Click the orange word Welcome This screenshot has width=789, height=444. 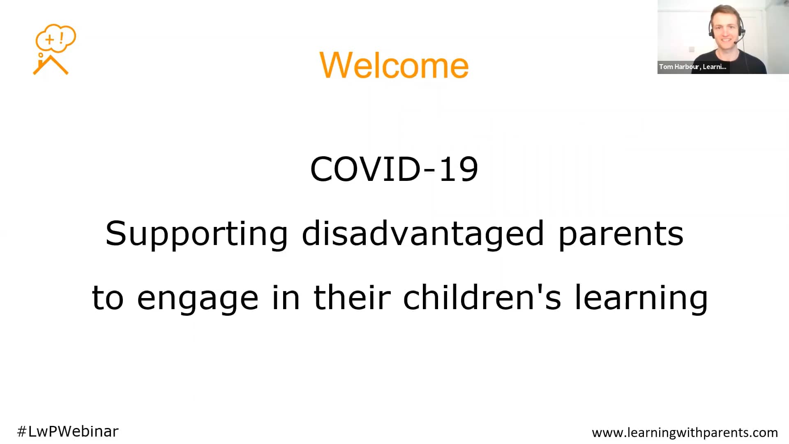pos(394,65)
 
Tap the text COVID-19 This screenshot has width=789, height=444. pos(394,169)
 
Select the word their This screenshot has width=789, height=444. pos(352,296)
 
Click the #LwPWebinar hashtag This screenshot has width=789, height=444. pos(68,431)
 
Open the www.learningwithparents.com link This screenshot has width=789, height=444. pos(685,432)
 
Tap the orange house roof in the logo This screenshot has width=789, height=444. pos(51,66)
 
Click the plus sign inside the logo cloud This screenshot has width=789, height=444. pos(50,40)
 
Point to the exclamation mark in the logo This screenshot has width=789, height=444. pos(62,38)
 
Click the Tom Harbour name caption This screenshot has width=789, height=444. pos(693,67)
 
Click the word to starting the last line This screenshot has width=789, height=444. pos(108,298)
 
